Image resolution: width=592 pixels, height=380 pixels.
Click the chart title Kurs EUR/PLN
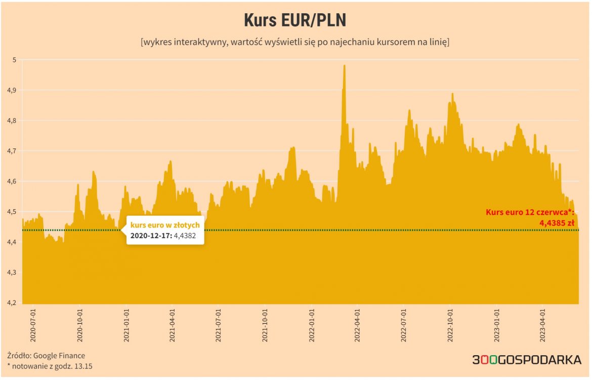[x=295, y=20]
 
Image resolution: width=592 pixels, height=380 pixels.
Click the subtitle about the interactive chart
[x=295, y=42]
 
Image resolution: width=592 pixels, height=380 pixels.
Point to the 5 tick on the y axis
[x=14, y=60]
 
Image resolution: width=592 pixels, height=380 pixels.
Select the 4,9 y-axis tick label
[x=12, y=90]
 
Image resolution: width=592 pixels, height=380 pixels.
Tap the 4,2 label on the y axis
[x=12, y=302]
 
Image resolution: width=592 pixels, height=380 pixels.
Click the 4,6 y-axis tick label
[x=12, y=181]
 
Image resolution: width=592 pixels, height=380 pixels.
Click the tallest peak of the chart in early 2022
[x=344, y=66]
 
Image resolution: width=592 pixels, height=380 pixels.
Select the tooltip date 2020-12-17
[x=151, y=236]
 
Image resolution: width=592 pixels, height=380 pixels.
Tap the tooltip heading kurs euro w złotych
[x=165, y=224]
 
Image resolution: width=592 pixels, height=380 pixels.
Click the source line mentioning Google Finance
[x=46, y=356]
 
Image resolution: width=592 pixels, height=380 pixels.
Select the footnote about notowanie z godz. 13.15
[x=50, y=366]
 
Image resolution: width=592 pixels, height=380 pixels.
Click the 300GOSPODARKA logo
[x=527, y=360]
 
